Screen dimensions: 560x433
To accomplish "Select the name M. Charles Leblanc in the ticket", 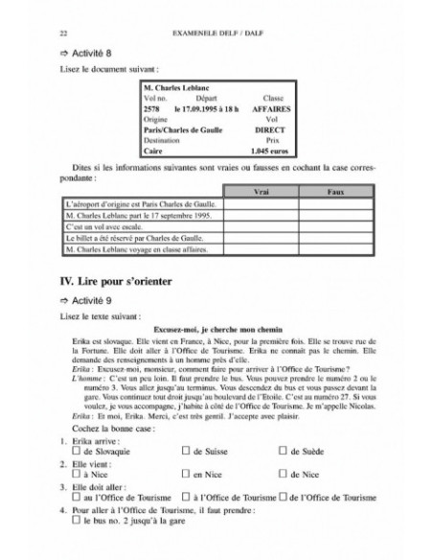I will tap(172, 89).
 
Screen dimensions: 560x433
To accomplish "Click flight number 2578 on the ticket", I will tap(151, 109).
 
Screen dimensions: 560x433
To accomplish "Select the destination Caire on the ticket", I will tap(152, 152).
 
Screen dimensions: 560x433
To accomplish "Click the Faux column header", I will tap(334, 192).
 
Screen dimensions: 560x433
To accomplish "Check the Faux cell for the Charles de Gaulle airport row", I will tap(334, 203).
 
